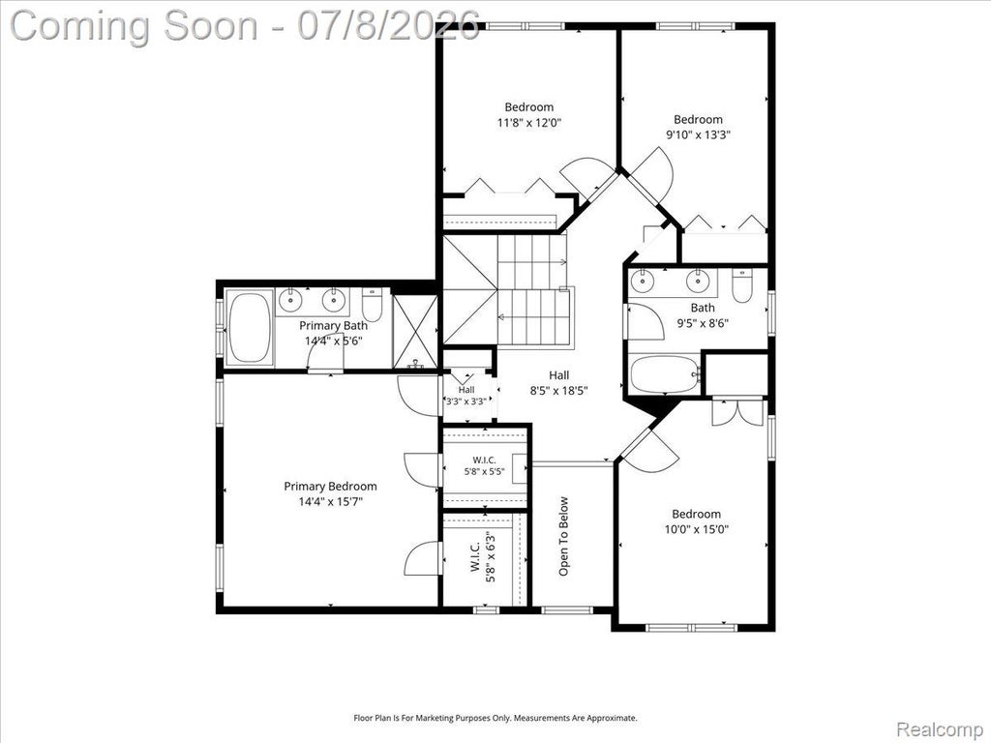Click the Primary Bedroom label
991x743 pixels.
[330, 486]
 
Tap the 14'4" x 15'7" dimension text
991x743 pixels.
[331, 502]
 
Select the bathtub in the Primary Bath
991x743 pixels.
[249, 327]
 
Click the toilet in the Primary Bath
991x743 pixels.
[373, 305]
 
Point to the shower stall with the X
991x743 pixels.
[414, 332]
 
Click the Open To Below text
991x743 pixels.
[564, 536]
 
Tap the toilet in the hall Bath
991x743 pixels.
[742, 286]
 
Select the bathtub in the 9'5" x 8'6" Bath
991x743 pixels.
[665, 373]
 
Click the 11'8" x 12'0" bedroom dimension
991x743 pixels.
[529, 123]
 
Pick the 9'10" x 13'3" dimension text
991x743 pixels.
[698, 134]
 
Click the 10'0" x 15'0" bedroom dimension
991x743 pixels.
[697, 529]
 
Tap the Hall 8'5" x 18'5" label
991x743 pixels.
[558, 383]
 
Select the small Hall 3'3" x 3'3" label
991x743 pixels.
[466, 396]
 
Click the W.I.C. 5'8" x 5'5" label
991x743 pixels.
[484, 465]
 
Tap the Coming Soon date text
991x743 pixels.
[245, 26]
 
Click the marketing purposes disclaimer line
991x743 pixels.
[495, 718]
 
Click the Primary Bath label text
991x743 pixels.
[333, 325]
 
